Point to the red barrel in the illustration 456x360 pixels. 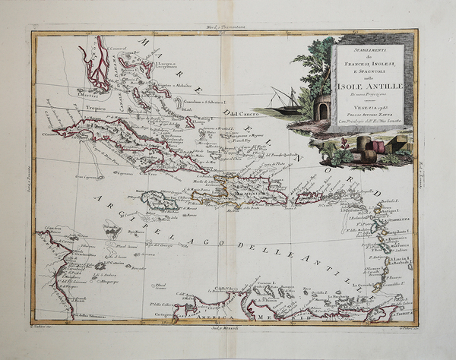tap(370, 153)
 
